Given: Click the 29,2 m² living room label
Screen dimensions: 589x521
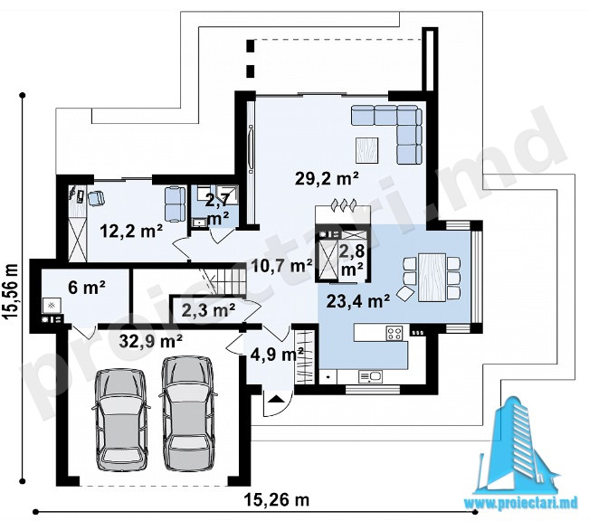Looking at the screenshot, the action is [327, 178].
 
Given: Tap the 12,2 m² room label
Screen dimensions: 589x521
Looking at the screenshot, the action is [131, 231].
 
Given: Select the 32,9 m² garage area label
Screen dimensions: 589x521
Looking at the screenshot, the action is [151, 341].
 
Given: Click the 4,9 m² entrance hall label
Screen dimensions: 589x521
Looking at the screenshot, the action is [277, 355].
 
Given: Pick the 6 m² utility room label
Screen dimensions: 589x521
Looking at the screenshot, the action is [86, 288].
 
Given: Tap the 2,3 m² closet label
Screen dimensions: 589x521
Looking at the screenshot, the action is [208, 310].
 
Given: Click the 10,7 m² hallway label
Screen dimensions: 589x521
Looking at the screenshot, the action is [281, 266].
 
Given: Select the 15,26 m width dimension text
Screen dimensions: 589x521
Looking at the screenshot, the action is [277, 500].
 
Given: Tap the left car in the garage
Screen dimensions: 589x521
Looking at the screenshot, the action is [121, 419].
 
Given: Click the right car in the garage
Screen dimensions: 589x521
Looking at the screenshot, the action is [188, 413].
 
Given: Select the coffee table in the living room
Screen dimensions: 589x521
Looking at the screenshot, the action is [367, 150].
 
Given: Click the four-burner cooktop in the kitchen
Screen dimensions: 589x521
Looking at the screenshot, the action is [394, 333].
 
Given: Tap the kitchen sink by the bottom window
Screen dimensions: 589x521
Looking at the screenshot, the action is [370, 376].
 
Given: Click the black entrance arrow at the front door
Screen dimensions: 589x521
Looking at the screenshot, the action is [276, 398].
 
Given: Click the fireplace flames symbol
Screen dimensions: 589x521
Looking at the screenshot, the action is [343, 205].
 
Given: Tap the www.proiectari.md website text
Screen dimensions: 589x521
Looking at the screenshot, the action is [520, 503].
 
